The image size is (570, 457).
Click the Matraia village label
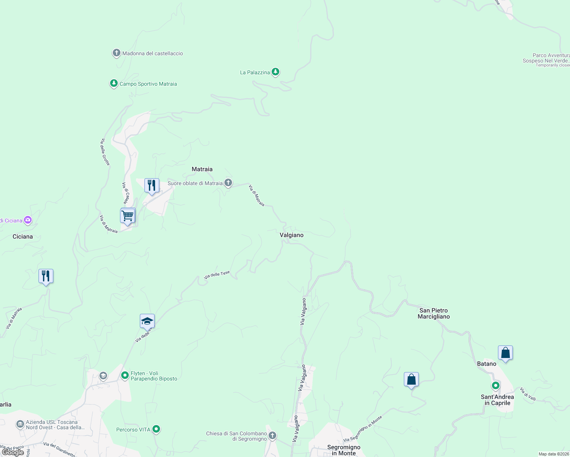pos(202,169)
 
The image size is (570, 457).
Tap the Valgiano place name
pos(291,235)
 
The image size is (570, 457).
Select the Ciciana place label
pos(22,236)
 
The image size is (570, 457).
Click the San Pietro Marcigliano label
pos(434,313)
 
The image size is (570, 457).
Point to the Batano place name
pos(487,364)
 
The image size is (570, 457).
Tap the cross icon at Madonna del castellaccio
pos(117,53)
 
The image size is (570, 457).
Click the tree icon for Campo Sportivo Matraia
pos(114,83)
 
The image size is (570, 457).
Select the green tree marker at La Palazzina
pos(275,72)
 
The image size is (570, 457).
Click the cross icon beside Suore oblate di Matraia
pos(228,183)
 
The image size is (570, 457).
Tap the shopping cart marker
pos(128,216)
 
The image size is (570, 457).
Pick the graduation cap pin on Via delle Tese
pos(147,322)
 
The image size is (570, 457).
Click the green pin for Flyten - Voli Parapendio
pos(125,376)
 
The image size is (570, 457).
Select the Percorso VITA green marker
pos(156,429)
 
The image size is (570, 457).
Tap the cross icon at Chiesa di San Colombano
pos(272,435)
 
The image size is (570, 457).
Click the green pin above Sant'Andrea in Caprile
pos(495,386)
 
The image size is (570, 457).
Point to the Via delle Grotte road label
pos(105,152)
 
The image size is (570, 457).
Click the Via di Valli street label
pos(528,394)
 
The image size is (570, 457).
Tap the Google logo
pos(13,452)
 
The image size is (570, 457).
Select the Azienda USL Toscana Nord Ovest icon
pos(20,424)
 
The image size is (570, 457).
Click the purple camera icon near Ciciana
pos(27,220)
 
